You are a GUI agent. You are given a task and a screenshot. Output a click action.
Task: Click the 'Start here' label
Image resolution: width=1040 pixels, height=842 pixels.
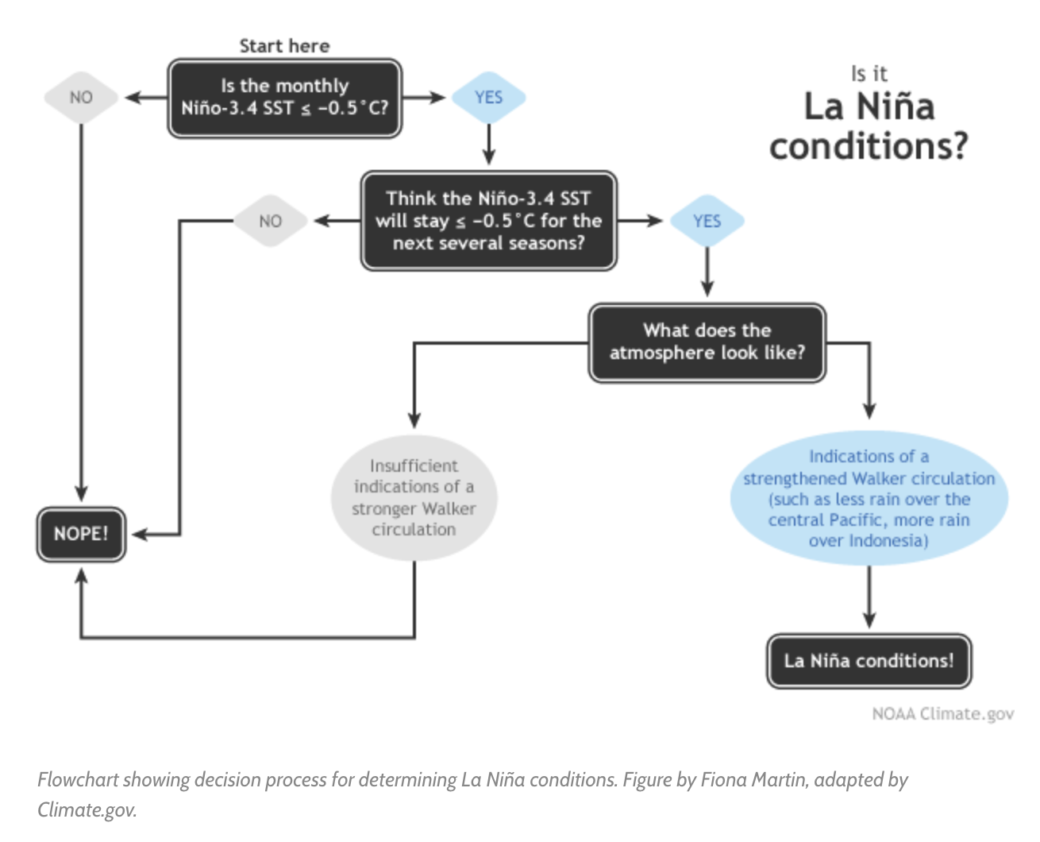284,46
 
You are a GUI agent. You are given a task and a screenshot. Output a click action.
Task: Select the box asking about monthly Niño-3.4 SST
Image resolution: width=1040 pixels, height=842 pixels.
284,98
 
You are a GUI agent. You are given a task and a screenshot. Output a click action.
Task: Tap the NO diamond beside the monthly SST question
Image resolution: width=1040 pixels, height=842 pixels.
81,98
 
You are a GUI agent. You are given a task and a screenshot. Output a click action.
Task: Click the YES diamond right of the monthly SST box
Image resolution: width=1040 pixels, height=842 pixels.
488,98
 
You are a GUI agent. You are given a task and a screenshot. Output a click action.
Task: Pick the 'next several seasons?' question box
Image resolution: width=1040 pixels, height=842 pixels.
488,221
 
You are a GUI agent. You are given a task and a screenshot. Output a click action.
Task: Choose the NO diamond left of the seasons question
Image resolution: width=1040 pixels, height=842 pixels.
270,221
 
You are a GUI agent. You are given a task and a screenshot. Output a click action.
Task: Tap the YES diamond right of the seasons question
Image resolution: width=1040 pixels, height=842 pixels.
707,221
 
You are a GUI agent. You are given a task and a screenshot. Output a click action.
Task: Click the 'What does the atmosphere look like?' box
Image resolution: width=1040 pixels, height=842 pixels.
707,342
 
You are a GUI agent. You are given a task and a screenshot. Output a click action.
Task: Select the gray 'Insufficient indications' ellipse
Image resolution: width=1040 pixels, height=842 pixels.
414,498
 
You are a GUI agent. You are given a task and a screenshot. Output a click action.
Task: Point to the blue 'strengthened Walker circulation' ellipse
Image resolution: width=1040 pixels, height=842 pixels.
869,498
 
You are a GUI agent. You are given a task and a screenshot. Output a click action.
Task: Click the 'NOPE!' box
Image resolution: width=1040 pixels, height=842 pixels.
81,534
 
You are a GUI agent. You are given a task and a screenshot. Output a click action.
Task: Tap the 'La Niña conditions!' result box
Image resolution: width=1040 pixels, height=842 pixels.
869,661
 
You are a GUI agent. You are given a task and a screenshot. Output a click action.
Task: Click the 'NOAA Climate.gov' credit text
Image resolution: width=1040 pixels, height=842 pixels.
942,713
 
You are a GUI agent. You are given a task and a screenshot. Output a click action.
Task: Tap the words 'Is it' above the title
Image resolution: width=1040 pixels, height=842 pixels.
869,74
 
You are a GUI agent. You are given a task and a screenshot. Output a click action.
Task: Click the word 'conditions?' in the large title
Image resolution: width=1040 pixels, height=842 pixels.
869,146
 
